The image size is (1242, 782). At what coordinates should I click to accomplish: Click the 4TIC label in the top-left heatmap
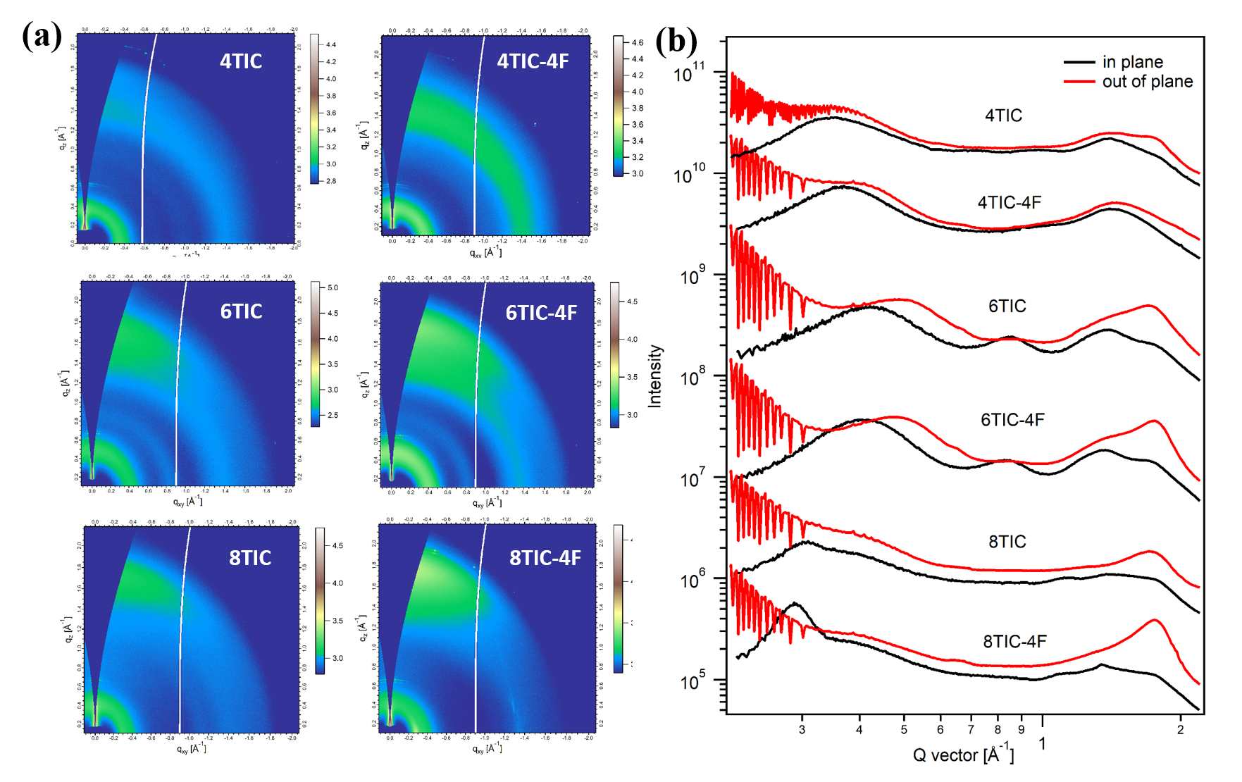click(x=241, y=61)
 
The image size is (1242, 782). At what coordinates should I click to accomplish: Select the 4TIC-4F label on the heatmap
click(x=533, y=61)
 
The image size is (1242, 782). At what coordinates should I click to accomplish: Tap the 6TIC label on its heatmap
click(x=241, y=311)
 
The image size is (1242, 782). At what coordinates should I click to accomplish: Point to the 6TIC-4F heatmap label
click(x=541, y=313)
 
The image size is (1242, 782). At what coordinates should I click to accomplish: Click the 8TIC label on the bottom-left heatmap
click(x=250, y=558)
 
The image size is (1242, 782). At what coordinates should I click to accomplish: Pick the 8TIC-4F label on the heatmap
click(x=545, y=558)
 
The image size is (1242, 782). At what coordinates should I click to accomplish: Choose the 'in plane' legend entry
click(x=1132, y=62)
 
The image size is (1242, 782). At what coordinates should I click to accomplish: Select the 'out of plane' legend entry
click(x=1147, y=82)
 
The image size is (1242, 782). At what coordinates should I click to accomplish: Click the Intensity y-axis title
click(x=655, y=376)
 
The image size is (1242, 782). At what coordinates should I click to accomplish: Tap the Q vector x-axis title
click(x=963, y=755)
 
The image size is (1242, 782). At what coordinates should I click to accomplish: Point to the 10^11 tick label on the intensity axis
click(x=689, y=73)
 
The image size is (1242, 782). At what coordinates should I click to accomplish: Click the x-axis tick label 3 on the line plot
click(x=802, y=730)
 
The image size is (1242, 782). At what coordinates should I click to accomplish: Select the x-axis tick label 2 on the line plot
click(x=1181, y=730)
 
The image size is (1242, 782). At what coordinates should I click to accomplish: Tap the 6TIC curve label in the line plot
click(x=1007, y=306)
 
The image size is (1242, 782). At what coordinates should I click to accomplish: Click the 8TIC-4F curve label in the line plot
click(x=1014, y=641)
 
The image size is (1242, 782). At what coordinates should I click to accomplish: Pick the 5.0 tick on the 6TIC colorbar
click(x=333, y=287)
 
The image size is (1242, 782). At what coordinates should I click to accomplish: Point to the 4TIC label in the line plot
click(x=1003, y=116)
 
